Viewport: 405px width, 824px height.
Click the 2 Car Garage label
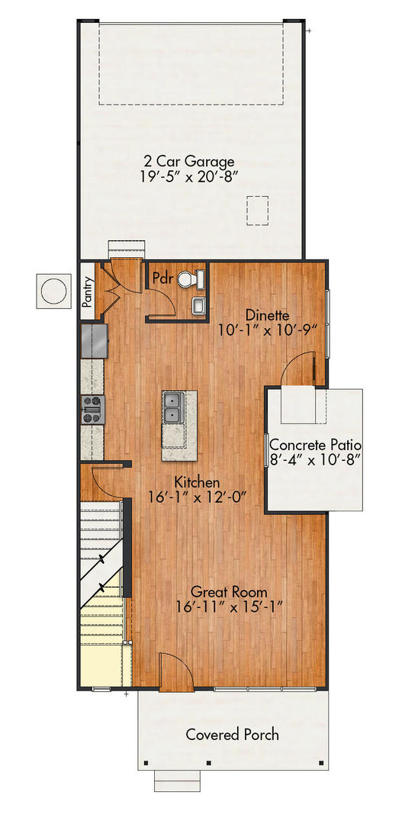pos(189,161)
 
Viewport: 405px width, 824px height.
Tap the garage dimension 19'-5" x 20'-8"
pos(189,178)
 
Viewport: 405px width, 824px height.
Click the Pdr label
pos(162,277)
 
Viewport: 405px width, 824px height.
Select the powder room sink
pos(198,306)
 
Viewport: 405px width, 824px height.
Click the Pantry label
pos(88,290)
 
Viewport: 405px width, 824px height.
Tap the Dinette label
pos(266,314)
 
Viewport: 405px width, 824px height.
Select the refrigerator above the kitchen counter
pos(95,340)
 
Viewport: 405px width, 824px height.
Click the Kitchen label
pos(197,482)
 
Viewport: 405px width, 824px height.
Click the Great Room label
pos(228,591)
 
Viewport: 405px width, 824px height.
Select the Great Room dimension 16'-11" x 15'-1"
pos(228,607)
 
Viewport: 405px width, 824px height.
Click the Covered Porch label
pos(232,735)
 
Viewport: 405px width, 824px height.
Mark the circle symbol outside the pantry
pos(54,291)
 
